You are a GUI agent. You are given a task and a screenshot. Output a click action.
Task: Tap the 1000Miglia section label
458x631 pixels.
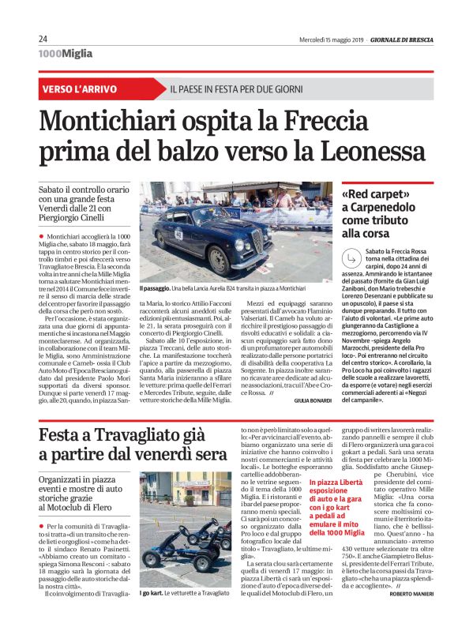pos(65,54)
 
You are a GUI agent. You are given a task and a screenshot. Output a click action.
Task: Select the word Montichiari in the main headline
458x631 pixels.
pos(115,122)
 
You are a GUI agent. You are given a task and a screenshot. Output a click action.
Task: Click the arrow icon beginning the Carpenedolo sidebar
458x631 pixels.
pos(351,255)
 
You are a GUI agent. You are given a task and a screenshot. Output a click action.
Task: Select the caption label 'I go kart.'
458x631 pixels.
pos(152,614)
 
